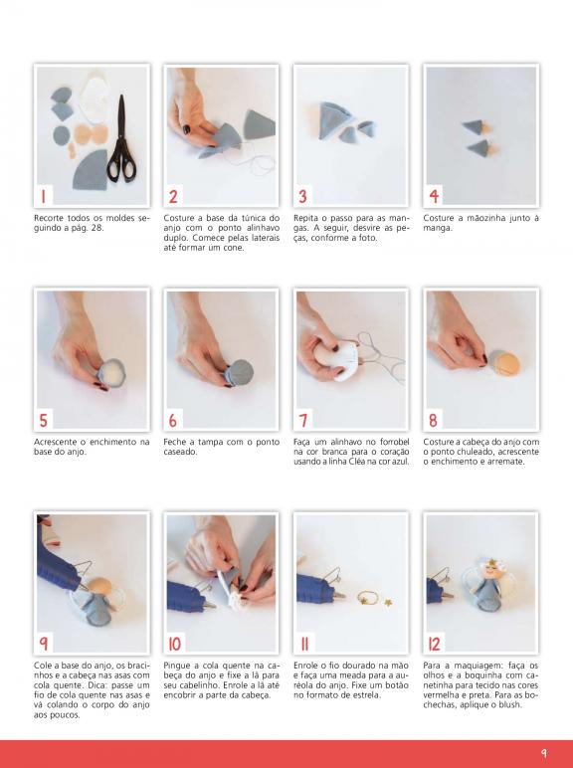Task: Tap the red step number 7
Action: [x=303, y=420]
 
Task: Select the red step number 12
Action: [x=435, y=644]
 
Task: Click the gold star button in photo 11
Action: [x=388, y=602]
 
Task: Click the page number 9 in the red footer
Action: [x=543, y=752]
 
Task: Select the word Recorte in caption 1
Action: [x=49, y=218]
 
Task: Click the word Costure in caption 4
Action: [x=440, y=218]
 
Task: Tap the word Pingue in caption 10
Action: [x=178, y=666]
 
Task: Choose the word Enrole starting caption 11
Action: [x=307, y=666]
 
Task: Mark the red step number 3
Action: [x=302, y=196]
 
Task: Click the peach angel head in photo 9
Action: [x=99, y=585]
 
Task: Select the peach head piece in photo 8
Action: [x=505, y=363]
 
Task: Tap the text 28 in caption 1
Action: [x=97, y=228]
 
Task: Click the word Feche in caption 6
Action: [x=175, y=442]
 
